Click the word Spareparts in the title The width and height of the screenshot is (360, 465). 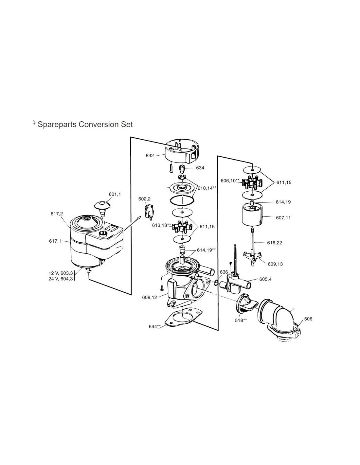click(57, 125)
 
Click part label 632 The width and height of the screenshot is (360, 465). click(150, 156)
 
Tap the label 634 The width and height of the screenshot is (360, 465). click(200, 168)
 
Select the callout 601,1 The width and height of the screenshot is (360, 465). click(115, 194)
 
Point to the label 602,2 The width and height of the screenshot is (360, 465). click(144, 199)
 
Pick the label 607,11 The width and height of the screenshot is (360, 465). click(283, 218)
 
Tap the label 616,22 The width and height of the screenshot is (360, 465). click(275, 243)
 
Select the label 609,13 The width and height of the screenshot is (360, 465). click(275, 264)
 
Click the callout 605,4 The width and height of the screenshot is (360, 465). click(265, 279)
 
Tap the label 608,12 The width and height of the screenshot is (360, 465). click(150, 297)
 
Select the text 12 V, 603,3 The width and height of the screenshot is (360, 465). click(61, 273)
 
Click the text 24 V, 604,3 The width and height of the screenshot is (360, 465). click(61, 279)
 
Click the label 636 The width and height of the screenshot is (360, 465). click(224, 272)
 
